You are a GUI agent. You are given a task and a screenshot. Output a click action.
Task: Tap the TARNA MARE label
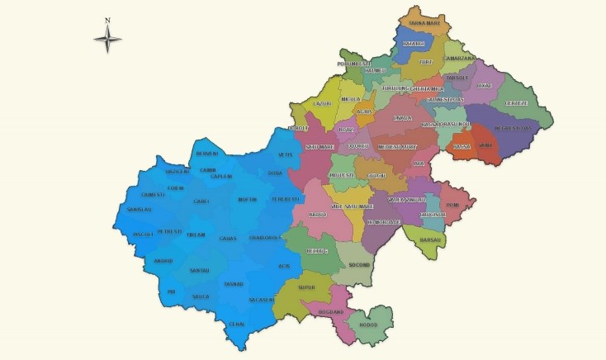coord(424,24)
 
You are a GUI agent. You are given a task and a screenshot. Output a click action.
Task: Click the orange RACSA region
coord(462,147)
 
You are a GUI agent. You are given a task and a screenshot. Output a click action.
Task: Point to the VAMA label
coord(486,145)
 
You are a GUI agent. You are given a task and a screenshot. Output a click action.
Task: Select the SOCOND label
coord(358,265)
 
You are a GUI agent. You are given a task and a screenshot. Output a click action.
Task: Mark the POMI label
coord(452,205)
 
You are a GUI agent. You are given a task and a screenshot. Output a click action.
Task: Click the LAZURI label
coord(322,103)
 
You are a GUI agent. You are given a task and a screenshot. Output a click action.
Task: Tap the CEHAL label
coord(237,324)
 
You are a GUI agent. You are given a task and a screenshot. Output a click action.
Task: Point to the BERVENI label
coord(206,154)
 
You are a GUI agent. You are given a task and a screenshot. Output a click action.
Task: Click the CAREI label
coord(201,201)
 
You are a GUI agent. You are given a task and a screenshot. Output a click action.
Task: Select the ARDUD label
coord(317,215)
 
